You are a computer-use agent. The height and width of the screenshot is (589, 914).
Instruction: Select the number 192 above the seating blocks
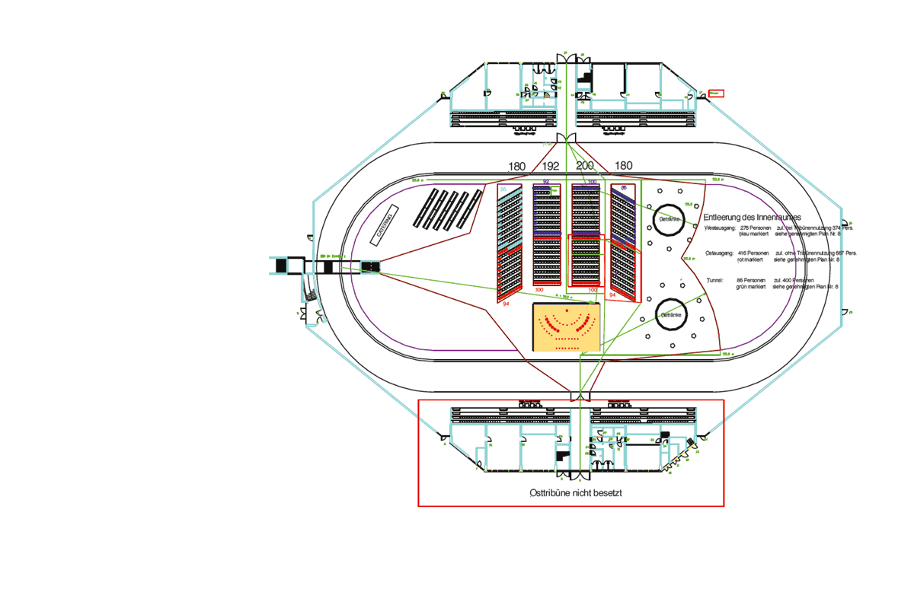click(x=550, y=166)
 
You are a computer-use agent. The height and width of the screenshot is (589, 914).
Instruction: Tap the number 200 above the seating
click(x=585, y=166)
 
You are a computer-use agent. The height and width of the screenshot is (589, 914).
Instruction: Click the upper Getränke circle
click(x=670, y=218)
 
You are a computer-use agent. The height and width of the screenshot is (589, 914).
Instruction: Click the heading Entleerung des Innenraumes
click(x=752, y=217)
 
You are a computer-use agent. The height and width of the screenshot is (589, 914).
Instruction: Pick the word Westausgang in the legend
click(x=720, y=228)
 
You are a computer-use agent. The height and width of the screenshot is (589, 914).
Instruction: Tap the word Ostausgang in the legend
click(x=719, y=253)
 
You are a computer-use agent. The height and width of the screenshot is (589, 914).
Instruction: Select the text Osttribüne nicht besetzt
click(x=576, y=493)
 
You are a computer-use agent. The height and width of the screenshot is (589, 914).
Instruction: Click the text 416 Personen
click(x=755, y=253)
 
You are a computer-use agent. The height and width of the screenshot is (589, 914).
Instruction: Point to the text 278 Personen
click(x=756, y=228)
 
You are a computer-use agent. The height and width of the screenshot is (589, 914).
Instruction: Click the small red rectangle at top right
click(x=716, y=93)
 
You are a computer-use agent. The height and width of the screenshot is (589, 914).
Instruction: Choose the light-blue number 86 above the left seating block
click(x=503, y=189)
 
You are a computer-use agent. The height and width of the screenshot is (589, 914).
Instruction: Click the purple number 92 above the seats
click(x=546, y=182)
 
